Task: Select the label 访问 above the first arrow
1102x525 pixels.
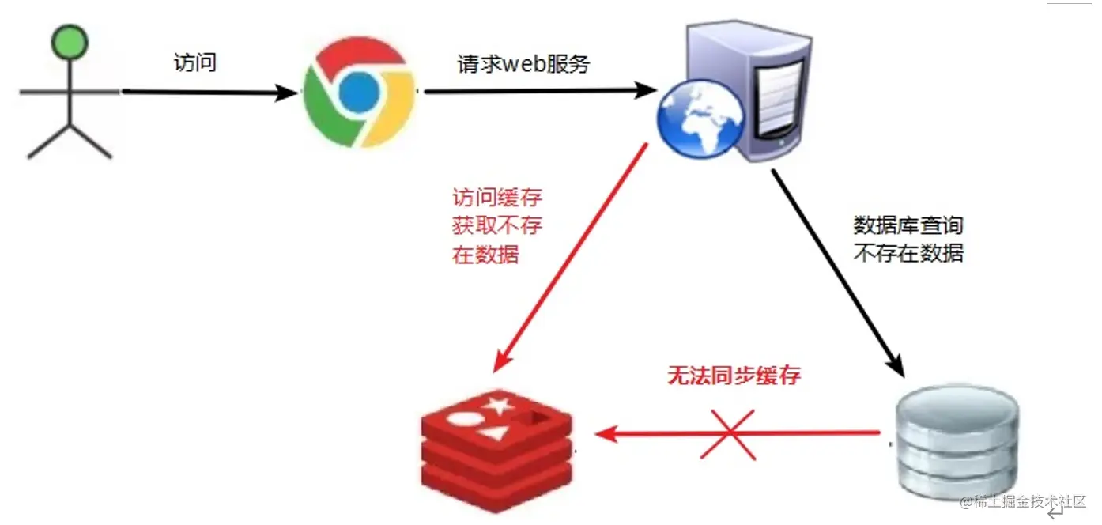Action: [x=194, y=62]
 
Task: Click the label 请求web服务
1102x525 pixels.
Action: [x=523, y=64]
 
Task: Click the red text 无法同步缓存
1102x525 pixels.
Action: [x=734, y=376]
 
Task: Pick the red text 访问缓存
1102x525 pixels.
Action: [x=497, y=197]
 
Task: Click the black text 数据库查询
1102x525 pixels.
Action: [x=908, y=226]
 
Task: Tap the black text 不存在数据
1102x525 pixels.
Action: [x=908, y=254]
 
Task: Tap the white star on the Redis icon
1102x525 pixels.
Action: [x=499, y=407]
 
